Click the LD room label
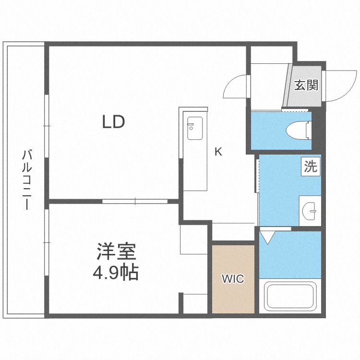[x=113, y=122]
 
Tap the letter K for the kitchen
[x=218, y=152]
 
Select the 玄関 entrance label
[x=306, y=85]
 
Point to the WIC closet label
[x=233, y=279]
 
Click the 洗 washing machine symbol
[x=311, y=167]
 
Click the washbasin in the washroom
[x=310, y=210]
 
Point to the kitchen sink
[x=195, y=128]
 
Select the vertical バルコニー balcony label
[x=27, y=180]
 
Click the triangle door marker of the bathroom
[x=267, y=237]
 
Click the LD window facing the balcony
[x=47, y=125]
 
